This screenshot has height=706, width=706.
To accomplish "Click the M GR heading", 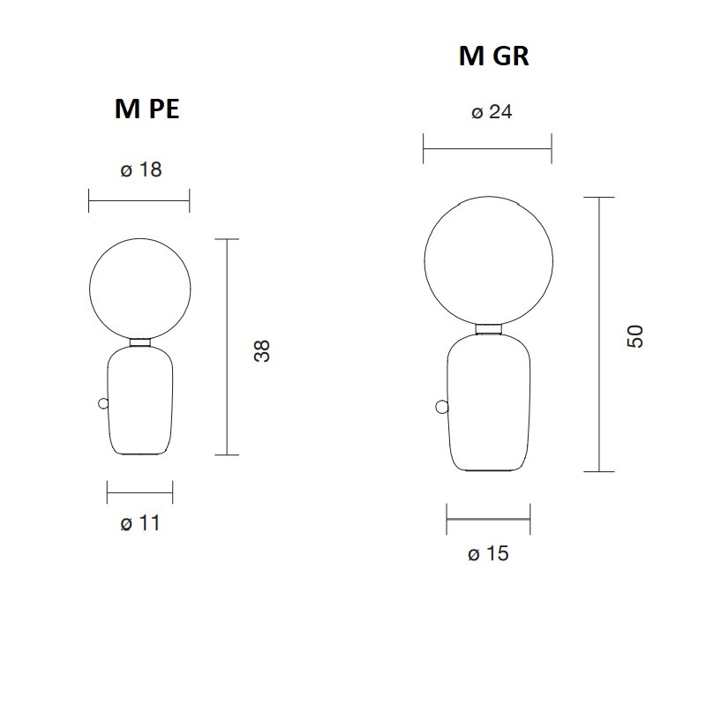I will (x=493, y=56).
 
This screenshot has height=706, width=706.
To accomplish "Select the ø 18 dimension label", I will (x=140, y=169).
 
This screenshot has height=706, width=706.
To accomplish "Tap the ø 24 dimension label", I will (x=492, y=112).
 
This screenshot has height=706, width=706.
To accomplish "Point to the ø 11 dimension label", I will (x=139, y=523).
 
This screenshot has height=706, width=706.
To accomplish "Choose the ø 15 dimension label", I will (x=488, y=554).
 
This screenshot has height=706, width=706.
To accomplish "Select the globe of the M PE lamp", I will (x=139, y=289).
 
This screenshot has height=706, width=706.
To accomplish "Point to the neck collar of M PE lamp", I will (x=139, y=342).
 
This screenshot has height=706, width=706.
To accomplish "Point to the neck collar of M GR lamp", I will (x=488, y=329).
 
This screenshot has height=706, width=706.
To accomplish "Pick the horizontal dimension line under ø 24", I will (x=487, y=148).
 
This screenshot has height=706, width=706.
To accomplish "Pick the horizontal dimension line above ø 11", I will (x=139, y=492).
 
